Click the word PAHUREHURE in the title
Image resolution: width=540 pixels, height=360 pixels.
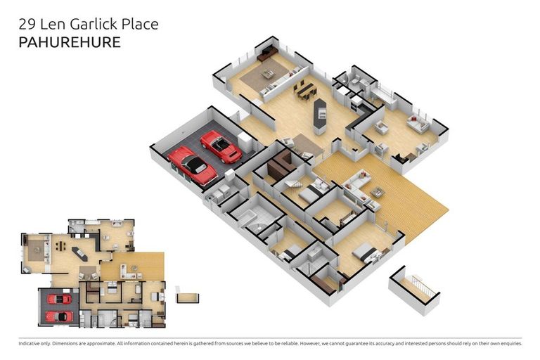coord(70,42)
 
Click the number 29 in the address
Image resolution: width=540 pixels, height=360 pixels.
coord(27,24)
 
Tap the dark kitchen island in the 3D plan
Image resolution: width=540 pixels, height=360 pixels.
coord(320,114)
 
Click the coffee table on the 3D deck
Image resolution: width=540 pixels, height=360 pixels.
coord(378,192)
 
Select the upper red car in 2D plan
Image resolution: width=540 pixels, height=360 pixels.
coord(59,299)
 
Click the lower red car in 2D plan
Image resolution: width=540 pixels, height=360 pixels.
coord(59,316)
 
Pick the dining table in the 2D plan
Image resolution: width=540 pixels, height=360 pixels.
coord(60,245)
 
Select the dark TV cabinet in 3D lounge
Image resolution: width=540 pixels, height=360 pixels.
coord(267,53)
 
